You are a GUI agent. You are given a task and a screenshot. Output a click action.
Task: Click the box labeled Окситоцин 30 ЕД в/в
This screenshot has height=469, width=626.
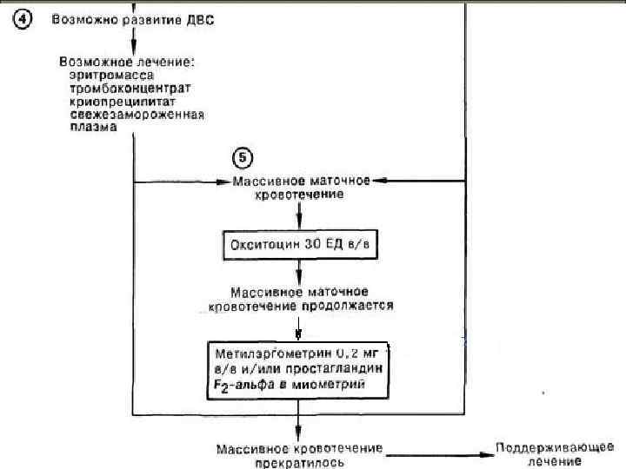pyautogui.click(x=299, y=245)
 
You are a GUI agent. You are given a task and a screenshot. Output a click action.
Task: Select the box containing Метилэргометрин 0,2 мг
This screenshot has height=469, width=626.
pyautogui.click(x=299, y=370)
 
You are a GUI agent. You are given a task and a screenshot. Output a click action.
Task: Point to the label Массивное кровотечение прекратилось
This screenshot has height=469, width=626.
pyautogui.click(x=300, y=454)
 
